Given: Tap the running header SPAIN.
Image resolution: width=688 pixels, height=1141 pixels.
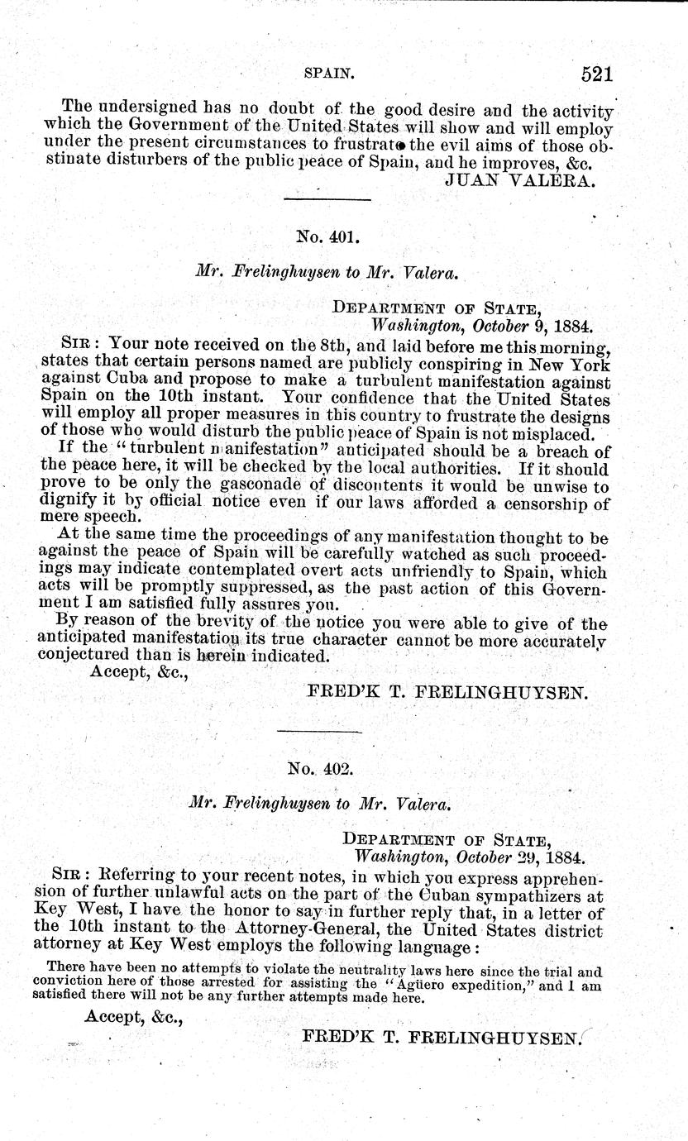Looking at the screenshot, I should click(x=328, y=74).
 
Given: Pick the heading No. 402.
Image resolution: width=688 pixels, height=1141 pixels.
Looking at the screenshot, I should click(x=321, y=768).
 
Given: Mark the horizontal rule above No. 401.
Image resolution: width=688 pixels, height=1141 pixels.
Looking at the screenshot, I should click(x=327, y=199).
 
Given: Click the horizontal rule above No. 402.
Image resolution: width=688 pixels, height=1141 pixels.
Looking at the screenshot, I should click(x=319, y=731).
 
